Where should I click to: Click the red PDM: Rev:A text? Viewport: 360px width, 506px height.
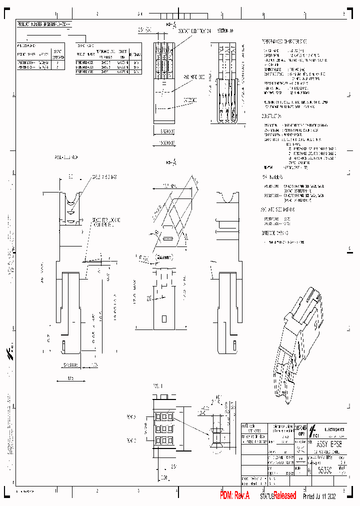coord(237,495)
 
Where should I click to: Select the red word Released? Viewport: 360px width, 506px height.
coord(285,495)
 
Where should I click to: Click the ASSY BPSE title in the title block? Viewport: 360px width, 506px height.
coord(329,443)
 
